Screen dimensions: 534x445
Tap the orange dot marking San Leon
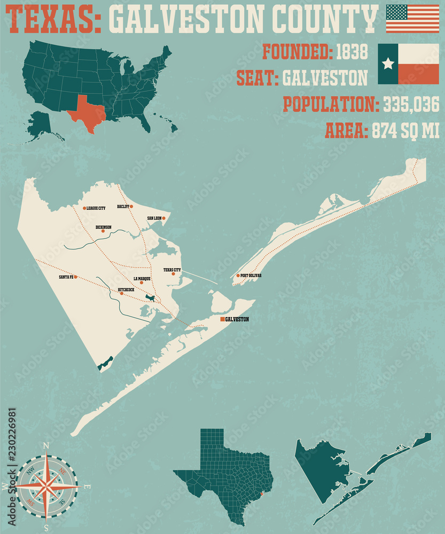(163, 218)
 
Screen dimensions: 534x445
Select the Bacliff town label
(123, 206)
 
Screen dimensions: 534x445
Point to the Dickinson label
(103, 227)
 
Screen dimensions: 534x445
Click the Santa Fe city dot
(75, 277)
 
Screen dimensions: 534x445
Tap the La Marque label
(142, 279)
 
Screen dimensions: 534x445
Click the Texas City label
(172, 270)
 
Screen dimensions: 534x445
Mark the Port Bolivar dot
(238, 276)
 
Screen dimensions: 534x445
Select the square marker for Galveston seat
(222, 319)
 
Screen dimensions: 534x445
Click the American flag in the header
(412, 19)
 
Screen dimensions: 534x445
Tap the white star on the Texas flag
(388, 64)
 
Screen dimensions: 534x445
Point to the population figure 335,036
(411, 104)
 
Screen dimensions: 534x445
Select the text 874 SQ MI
(405, 130)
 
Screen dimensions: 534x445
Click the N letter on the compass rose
(46, 445)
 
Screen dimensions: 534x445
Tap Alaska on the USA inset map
(40, 123)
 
